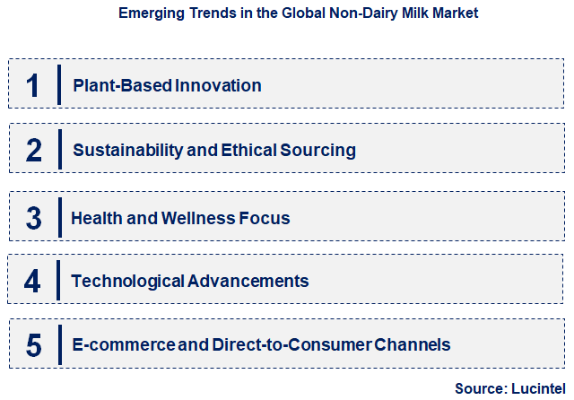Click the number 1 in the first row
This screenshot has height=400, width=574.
point(33,86)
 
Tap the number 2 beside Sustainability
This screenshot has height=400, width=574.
point(34,150)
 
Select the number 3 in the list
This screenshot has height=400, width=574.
point(34,218)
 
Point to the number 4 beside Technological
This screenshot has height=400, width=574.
point(33,281)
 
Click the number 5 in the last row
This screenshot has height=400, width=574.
point(34,345)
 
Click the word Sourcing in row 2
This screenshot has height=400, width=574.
point(320,150)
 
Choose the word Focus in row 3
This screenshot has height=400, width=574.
point(267,218)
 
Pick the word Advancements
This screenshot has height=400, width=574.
point(249,281)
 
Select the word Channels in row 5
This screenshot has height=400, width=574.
point(414,345)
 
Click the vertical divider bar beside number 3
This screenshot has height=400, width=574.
point(59,217)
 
